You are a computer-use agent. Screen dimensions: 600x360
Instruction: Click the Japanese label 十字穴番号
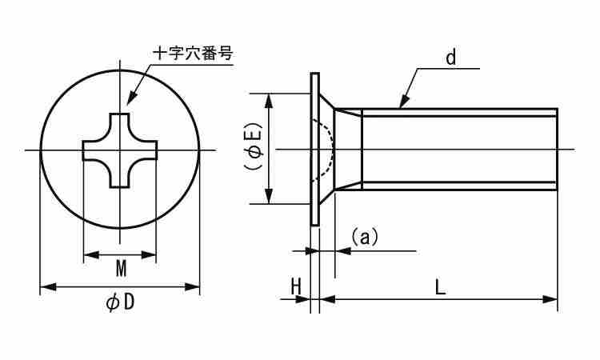coord(193,53)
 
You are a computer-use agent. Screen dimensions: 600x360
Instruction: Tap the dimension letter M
coord(121,269)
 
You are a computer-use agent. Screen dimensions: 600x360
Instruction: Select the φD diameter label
coord(120,303)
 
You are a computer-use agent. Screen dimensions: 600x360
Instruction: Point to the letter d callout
coord(451,58)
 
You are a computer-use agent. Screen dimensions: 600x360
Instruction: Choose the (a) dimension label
coord(365,237)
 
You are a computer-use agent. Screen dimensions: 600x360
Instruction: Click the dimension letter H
coord(296,286)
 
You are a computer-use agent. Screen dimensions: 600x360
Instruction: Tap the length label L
coord(441,287)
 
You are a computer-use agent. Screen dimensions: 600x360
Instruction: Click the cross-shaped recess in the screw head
coord(120,150)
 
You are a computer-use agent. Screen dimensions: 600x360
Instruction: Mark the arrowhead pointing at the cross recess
coord(131,98)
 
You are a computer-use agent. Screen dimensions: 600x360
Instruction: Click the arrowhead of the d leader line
coord(404,102)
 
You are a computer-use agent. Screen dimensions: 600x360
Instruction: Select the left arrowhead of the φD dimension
coord(48,286)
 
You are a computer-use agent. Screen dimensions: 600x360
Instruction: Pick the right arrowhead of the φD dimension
coord(192,286)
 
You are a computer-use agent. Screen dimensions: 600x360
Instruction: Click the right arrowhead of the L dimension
coord(550,299)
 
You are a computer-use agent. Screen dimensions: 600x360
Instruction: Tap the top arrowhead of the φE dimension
coord(269,102)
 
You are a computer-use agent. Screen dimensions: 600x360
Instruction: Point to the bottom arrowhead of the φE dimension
coord(269,196)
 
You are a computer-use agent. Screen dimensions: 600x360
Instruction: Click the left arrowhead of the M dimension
coord(91,254)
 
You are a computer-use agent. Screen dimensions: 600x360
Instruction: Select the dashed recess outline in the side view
coord(324,150)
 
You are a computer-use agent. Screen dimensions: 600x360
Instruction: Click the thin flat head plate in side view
coord(314,150)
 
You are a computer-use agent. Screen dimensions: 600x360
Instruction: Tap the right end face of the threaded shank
coord(557,150)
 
